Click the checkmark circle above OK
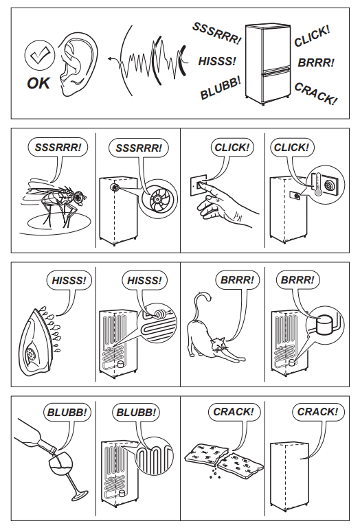(x=40, y=56)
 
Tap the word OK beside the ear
(x=38, y=83)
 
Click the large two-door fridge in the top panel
(x=268, y=63)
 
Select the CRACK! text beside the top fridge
(x=315, y=93)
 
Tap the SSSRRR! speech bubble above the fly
(x=58, y=148)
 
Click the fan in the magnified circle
(x=159, y=200)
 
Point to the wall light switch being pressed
(x=199, y=185)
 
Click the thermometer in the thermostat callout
(x=317, y=184)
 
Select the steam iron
(x=38, y=341)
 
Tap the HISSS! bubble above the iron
(x=69, y=280)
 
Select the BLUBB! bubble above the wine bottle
(x=67, y=413)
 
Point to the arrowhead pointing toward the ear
(x=111, y=59)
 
